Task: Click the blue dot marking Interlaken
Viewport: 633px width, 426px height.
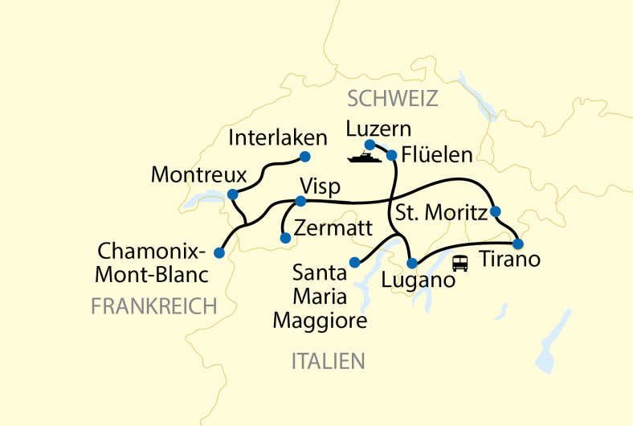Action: [304, 156]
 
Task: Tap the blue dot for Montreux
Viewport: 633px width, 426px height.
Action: [232, 195]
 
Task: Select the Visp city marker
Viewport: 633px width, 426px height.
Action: [300, 201]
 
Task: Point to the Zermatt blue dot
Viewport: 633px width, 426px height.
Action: [284, 238]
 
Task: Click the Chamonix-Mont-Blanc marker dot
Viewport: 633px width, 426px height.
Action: [218, 252]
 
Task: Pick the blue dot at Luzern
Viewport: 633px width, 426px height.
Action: [370, 145]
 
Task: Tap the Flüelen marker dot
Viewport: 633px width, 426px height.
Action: [392, 155]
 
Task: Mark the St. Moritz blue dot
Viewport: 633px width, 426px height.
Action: [495, 211]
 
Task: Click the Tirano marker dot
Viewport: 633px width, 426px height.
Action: [518, 244]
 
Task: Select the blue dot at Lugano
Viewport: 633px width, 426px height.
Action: [412, 263]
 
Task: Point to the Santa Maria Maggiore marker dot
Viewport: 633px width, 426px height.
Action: [354, 262]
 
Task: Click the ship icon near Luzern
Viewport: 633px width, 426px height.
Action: [363, 158]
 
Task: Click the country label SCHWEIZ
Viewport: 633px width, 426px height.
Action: [392, 99]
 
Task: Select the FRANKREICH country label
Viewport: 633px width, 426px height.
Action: [154, 306]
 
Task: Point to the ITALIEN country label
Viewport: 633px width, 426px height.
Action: [328, 362]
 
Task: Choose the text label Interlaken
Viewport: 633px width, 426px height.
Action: [278, 137]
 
